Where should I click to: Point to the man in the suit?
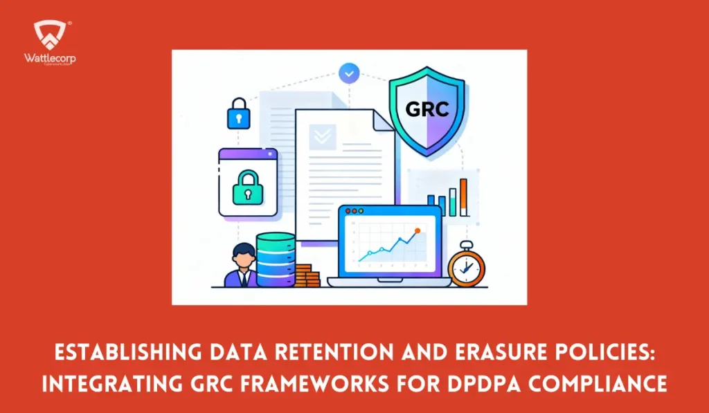[242, 265]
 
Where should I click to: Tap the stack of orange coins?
[307, 275]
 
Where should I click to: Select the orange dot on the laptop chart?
[417, 230]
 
